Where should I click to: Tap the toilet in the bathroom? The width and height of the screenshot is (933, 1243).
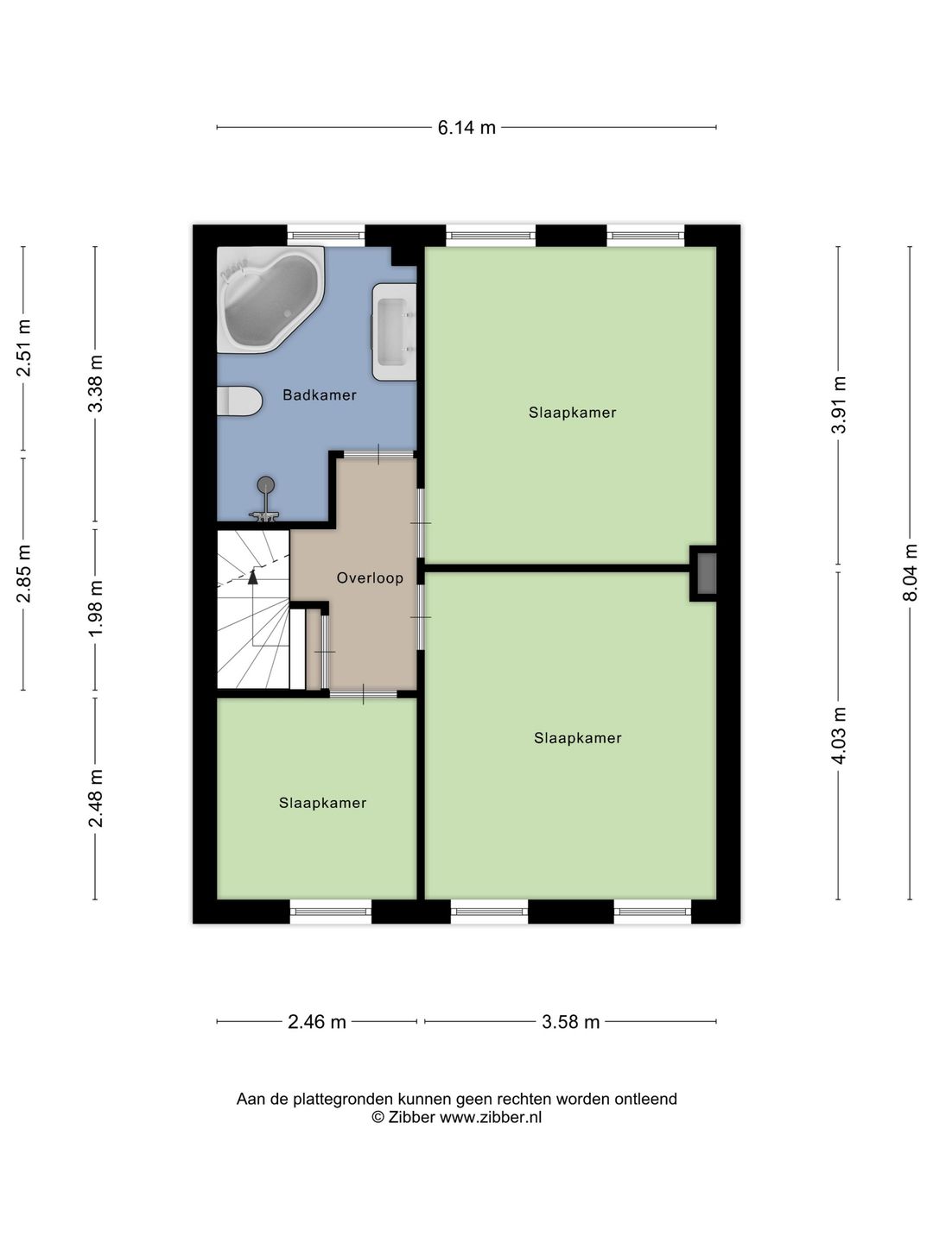[239, 401]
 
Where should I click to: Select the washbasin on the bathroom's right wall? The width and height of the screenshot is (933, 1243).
[394, 331]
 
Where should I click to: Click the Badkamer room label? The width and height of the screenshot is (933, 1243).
[320, 394]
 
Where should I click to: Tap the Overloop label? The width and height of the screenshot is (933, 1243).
[370, 577]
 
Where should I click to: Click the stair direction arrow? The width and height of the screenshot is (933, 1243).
[252, 577]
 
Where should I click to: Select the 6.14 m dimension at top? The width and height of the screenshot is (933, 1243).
[466, 128]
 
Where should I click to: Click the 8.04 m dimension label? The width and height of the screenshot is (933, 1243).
[910, 572]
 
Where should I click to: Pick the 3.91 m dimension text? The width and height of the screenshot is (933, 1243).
[838, 405]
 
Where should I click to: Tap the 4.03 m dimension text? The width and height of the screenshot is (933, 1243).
[838, 735]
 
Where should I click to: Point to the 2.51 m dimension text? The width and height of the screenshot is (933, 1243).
[23, 348]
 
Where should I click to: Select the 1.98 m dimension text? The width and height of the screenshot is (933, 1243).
[95, 609]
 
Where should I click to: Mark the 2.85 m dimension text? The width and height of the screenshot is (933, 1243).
[23, 574]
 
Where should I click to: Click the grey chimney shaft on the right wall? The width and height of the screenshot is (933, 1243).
[706, 574]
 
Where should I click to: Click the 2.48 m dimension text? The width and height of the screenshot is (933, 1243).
[95, 798]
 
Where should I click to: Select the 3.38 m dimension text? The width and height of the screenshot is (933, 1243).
[95, 383]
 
